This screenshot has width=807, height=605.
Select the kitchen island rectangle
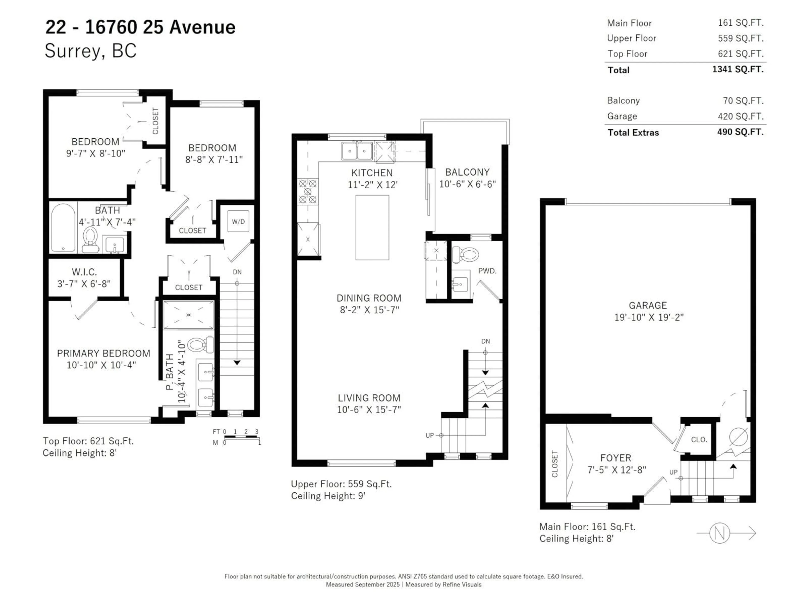click(x=372, y=228)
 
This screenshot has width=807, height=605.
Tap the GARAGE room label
click(x=647, y=305)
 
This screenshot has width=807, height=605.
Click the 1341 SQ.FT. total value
click(x=738, y=69)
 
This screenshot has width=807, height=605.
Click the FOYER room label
click(x=616, y=458)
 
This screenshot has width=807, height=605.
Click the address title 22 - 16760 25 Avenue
click(x=140, y=27)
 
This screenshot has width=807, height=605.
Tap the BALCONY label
click(x=467, y=172)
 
